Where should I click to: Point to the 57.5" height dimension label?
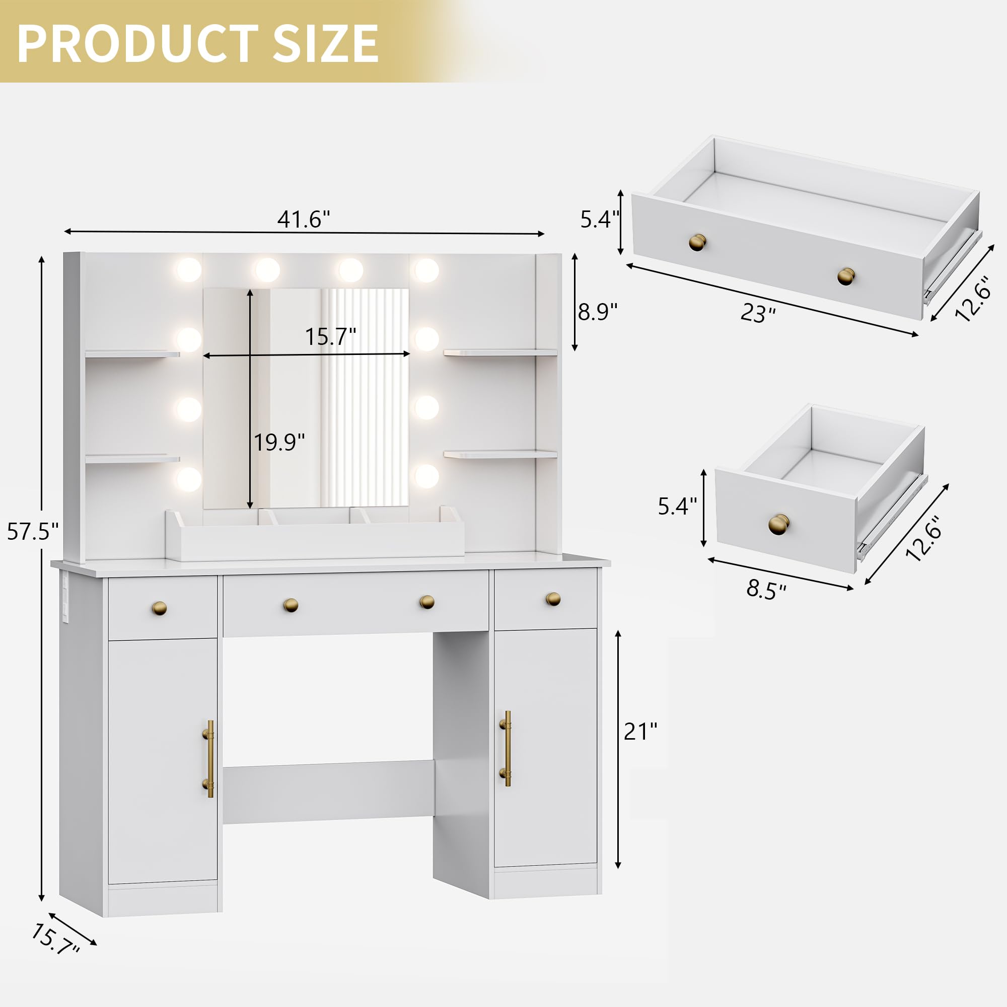pyautogui.click(x=32, y=532)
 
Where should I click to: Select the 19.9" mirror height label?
pyautogui.click(x=279, y=443)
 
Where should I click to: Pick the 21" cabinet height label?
pyautogui.click(x=640, y=732)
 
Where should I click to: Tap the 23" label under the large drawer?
pyautogui.click(x=758, y=313)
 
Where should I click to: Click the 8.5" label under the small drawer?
pyautogui.click(x=766, y=590)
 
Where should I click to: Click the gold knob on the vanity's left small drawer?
pyautogui.click(x=159, y=608)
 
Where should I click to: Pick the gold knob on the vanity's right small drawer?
pyautogui.click(x=553, y=599)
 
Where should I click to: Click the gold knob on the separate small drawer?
pyautogui.click(x=779, y=524)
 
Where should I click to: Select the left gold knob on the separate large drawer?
pyautogui.click(x=697, y=242)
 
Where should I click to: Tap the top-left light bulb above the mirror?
pyautogui.click(x=188, y=269)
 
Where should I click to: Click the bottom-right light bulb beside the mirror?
pyautogui.click(x=426, y=476)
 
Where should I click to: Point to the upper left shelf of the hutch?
pyautogui.click(x=132, y=354)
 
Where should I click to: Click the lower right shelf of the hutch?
pyautogui.click(x=500, y=455)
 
